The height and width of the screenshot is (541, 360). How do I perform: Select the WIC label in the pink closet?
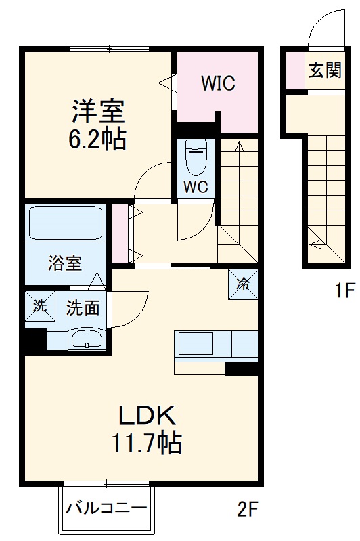tap(218, 84)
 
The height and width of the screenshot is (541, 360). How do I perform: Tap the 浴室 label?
tap(64, 263)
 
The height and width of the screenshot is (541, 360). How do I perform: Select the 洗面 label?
tap(83, 308)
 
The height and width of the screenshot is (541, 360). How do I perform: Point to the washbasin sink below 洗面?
tap(86, 340)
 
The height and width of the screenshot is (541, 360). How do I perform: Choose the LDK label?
tap(148, 414)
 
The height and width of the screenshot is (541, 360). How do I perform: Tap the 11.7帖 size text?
tap(146, 443)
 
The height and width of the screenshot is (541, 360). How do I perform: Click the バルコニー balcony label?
tap(106, 508)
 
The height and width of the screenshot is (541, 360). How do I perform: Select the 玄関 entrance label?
tap(325, 71)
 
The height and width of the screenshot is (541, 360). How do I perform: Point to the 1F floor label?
tap(343, 292)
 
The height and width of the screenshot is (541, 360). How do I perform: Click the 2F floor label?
tap(248, 508)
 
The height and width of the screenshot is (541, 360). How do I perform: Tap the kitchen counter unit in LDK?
tap(217, 346)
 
